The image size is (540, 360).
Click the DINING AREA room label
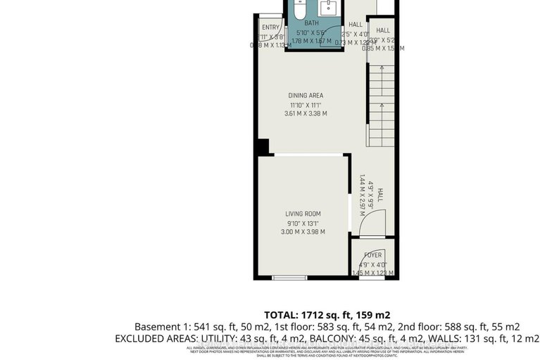306,95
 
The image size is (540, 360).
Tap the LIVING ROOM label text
303,213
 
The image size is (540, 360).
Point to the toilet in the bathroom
299,10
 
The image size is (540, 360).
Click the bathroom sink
328,8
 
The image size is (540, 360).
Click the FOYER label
373,255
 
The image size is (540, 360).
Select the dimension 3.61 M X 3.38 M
306,113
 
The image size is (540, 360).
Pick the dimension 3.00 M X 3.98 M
303,232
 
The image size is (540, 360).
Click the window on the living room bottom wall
290,278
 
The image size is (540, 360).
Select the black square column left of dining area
262,147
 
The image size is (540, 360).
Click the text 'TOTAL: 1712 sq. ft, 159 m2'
327,315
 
